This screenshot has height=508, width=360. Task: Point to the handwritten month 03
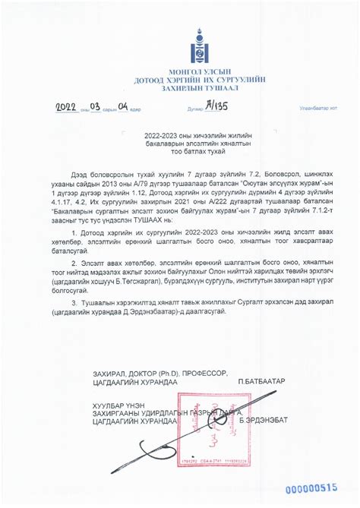95,107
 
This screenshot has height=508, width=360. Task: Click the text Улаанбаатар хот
318,109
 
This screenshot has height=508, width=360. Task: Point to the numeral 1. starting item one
74,230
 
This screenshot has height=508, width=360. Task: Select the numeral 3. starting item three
74,301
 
